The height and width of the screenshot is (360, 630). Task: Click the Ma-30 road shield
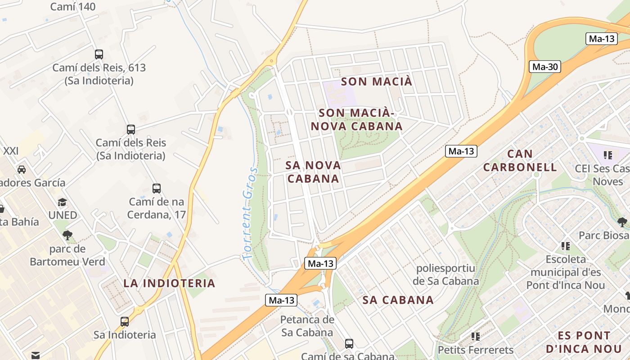545,67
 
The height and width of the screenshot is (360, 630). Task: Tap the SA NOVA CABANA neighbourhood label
313,172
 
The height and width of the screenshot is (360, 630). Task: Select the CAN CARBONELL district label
520,161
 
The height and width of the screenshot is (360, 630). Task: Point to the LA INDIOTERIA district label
169,283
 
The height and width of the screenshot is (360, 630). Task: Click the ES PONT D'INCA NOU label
584,342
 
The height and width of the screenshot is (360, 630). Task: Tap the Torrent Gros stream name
249,213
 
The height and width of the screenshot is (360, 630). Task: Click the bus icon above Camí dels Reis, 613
99,54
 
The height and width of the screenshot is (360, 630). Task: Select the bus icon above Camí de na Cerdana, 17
157,189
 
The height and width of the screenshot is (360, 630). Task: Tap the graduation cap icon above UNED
63,202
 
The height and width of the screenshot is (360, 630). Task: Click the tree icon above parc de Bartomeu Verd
67,235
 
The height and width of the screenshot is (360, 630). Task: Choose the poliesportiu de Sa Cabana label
445,274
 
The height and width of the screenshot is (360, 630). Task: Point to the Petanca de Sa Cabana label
307,326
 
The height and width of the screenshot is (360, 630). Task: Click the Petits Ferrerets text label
475,350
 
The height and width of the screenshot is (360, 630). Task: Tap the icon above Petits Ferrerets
476,336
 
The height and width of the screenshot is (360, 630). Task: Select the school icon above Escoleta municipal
566,246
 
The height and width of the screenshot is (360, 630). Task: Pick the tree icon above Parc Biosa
622,222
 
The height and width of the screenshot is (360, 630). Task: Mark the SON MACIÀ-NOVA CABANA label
356,119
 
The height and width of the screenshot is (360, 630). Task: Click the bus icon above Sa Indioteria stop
125,322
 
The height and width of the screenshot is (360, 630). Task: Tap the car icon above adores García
21,170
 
